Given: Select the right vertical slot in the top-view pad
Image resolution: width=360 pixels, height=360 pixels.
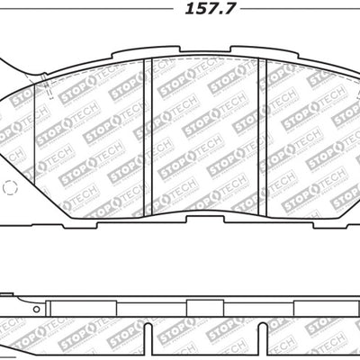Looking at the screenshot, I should click(x=261, y=127).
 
